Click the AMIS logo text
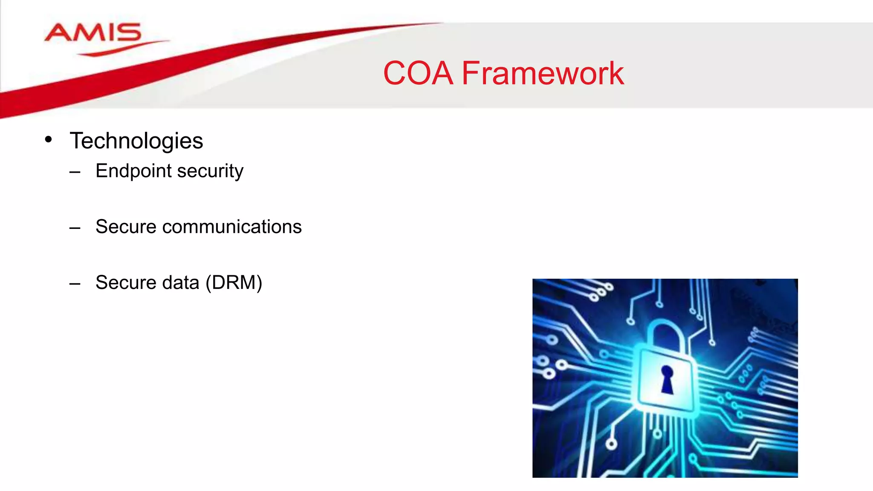93,33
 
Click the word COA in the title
418,73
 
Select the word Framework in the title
543,73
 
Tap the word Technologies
136,141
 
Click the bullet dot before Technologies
48,139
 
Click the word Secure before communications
126,227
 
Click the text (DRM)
234,283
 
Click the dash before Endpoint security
75,172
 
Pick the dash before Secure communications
75,228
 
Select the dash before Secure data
75,284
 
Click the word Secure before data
126,283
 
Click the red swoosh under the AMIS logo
124,48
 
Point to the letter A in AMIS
59,33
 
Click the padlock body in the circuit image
648,392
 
